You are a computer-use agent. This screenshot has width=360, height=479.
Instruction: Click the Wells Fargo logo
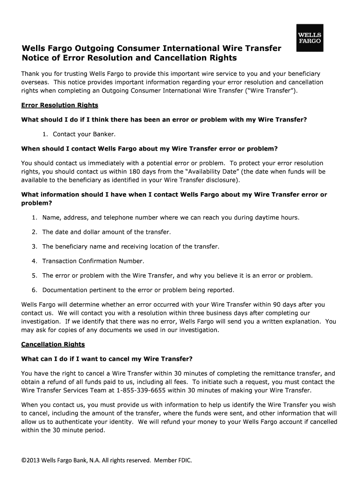309,36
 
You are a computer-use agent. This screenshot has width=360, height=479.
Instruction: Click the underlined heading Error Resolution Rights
59,105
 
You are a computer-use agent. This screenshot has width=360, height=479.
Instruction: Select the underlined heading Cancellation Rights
53,344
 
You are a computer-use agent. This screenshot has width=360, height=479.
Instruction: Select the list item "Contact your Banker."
84,134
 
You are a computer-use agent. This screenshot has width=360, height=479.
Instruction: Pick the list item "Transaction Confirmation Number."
93,261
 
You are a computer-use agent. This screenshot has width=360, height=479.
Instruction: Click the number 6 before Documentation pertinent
34,290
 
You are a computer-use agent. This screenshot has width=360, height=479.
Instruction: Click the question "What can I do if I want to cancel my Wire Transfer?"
107,359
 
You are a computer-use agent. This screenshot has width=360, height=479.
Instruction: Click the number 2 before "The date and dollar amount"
34,232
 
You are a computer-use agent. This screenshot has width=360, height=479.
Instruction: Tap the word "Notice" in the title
35,58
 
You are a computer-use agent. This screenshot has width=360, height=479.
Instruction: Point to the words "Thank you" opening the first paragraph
36,74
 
